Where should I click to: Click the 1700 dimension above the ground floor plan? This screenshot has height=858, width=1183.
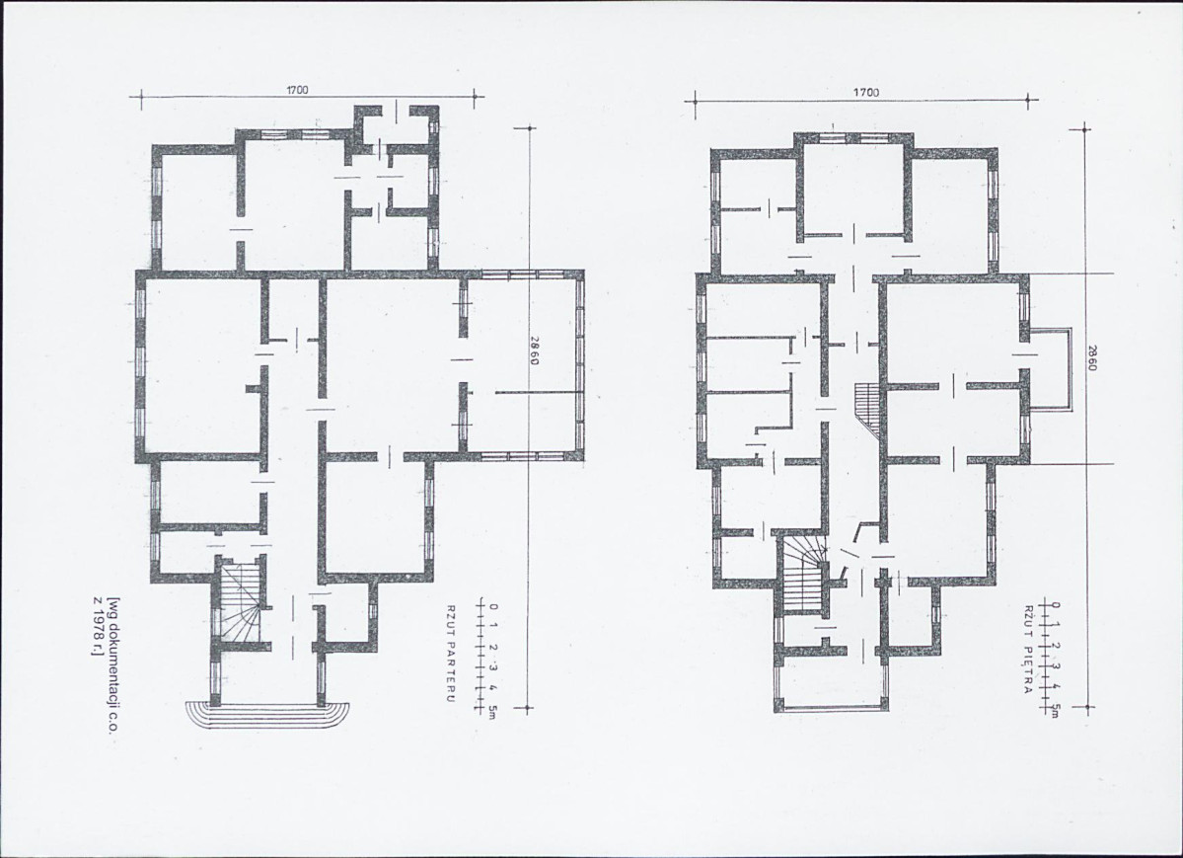click(297, 90)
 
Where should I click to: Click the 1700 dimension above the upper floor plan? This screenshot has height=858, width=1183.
click(865, 92)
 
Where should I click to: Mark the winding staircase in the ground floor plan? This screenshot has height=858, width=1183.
click(239, 601)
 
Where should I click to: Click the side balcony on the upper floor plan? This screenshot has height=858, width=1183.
click(1050, 369)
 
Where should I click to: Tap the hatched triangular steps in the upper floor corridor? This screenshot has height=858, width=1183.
click(868, 410)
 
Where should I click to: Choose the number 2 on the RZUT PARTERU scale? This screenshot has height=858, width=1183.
click(493, 648)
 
